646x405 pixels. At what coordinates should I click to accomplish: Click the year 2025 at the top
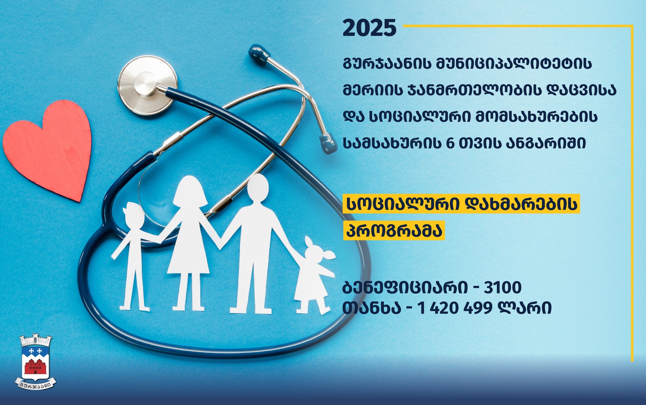(x=369, y=28)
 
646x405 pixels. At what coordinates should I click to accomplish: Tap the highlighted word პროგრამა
(x=394, y=231)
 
